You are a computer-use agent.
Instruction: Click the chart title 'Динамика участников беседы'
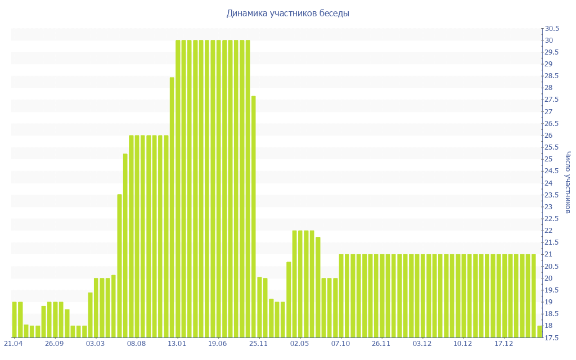pos(288,13)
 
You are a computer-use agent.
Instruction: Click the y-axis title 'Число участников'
pos(568,182)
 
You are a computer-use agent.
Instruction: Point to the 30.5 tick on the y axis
pos(551,29)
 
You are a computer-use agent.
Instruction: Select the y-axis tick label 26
pos(548,136)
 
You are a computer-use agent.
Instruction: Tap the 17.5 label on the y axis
pos(551,337)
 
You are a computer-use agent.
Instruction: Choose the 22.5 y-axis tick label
pos(551,219)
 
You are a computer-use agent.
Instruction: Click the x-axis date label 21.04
pos(13,344)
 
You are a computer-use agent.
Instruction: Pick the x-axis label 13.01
pos(177,344)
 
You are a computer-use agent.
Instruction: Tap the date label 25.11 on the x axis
pos(259,344)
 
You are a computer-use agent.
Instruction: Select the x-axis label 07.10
pos(341,344)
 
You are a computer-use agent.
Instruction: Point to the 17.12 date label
pos(504,344)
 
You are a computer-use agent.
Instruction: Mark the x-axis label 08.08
pos(136,344)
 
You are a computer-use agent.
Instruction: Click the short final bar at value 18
pos(540,331)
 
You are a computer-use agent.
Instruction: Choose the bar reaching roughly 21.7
pos(318,287)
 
